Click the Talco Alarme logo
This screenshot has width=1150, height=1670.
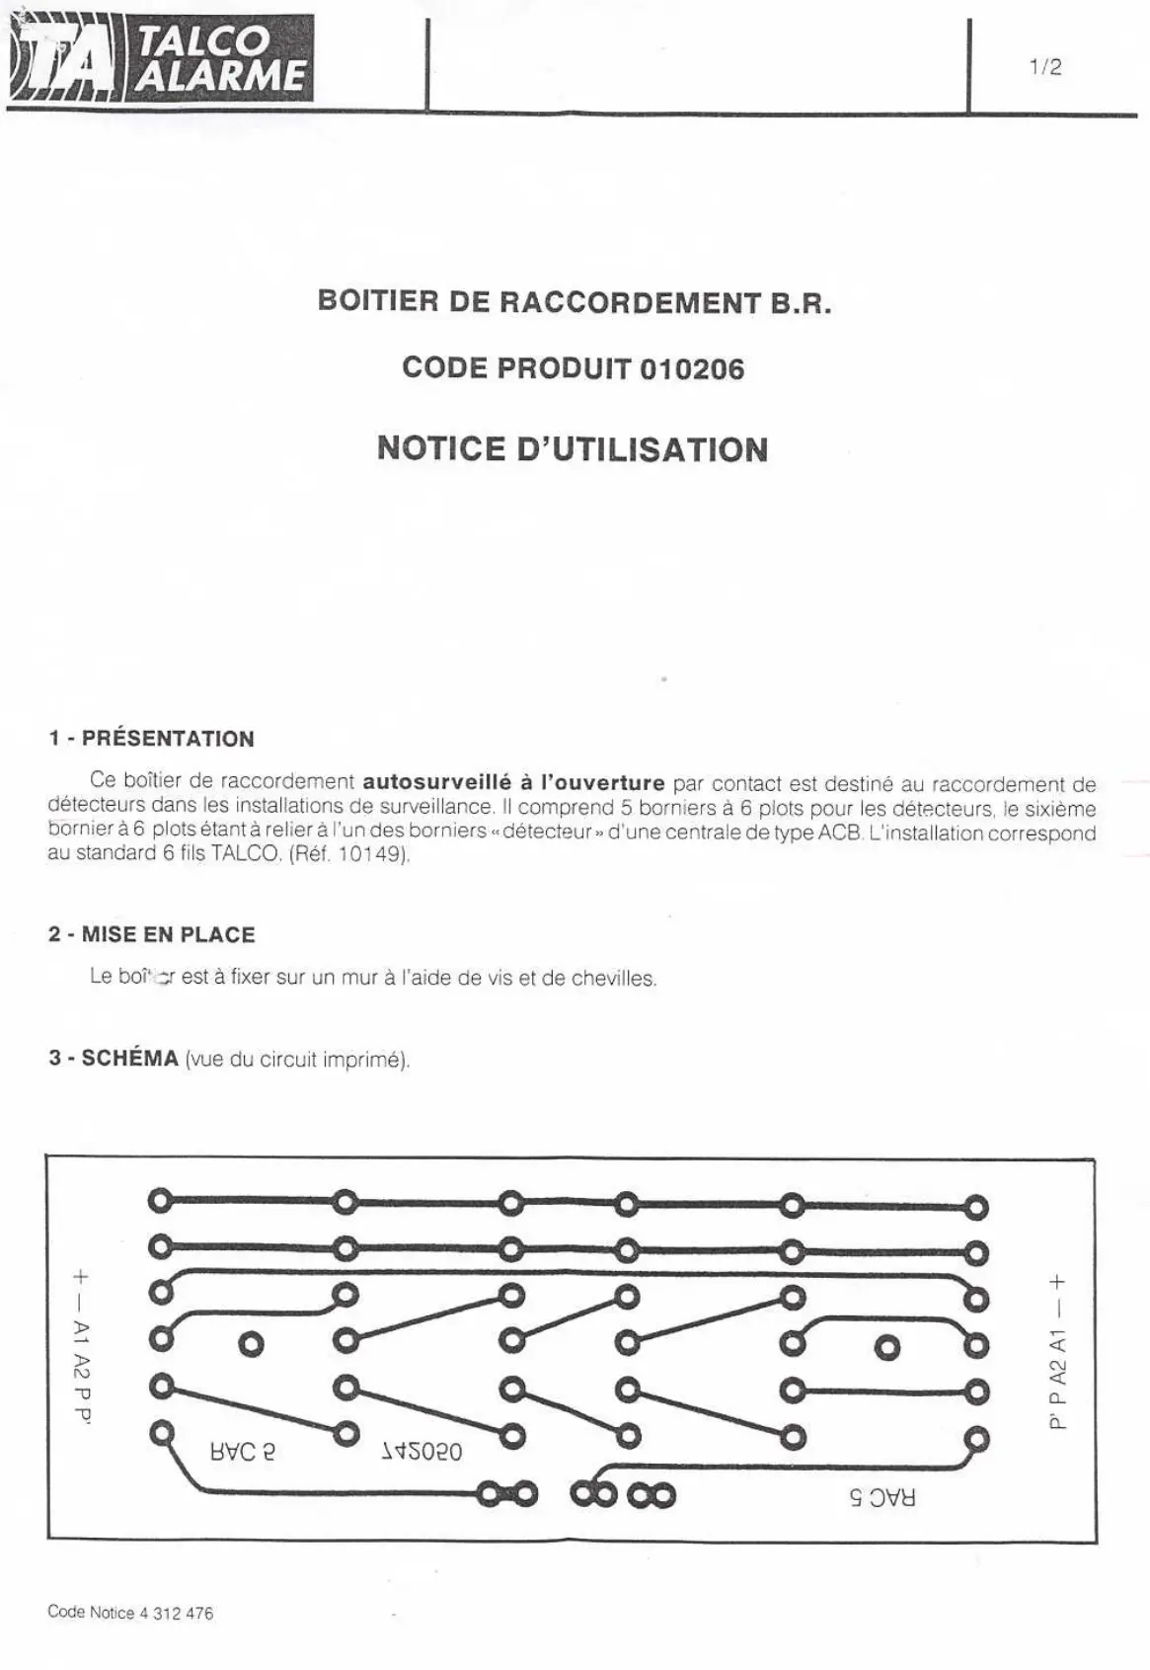coord(161,59)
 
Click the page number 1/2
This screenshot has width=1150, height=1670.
coord(1044,67)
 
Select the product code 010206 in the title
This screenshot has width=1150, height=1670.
coord(692,369)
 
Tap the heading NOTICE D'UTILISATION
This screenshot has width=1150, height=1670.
coord(573,449)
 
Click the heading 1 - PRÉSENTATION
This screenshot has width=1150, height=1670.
coord(152,739)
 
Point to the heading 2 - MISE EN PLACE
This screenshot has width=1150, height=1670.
coord(152,934)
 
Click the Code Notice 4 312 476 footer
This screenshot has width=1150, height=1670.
coord(130,1613)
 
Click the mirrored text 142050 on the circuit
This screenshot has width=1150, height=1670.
coord(422,1452)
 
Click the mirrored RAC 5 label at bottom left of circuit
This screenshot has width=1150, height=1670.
coord(243,1452)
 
